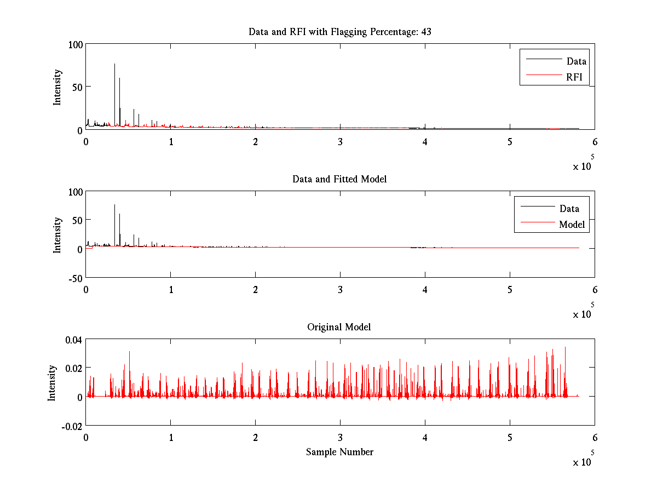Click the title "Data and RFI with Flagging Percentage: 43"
click(340, 32)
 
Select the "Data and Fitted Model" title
click(340, 179)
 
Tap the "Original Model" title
click(339, 327)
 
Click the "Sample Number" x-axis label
click(339, 452)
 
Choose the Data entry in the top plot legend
click(576, 61)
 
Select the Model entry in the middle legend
click(572, 225)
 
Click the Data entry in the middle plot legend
click(569, 209)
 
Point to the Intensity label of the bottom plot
click(52, 383)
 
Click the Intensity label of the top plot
click(57, 87)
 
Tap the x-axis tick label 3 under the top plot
click(340, 141)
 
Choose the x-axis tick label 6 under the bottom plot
click(595, 438)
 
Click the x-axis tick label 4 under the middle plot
click(425, 290)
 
